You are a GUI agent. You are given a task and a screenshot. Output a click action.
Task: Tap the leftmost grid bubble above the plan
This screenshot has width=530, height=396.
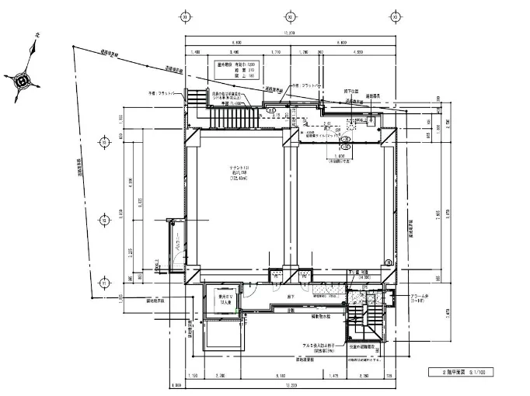pyautogui.click(x=185, y=16)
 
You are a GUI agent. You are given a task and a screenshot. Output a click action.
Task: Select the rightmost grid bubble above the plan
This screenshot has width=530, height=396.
pyautogui.click(x=394, y=16)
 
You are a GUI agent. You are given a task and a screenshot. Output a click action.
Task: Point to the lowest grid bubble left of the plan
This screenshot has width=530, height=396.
pyautogui.click(x=105, y=284)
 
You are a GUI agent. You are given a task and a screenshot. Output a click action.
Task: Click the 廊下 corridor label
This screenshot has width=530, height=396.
pyautogui.click(x=289, y=295)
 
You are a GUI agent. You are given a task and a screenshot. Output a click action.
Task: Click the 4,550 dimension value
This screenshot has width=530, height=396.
pyautogui.click(x=358, y=52)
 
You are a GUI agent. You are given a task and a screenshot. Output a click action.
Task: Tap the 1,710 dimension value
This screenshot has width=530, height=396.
pyautogui.click(x=276, y=52)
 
